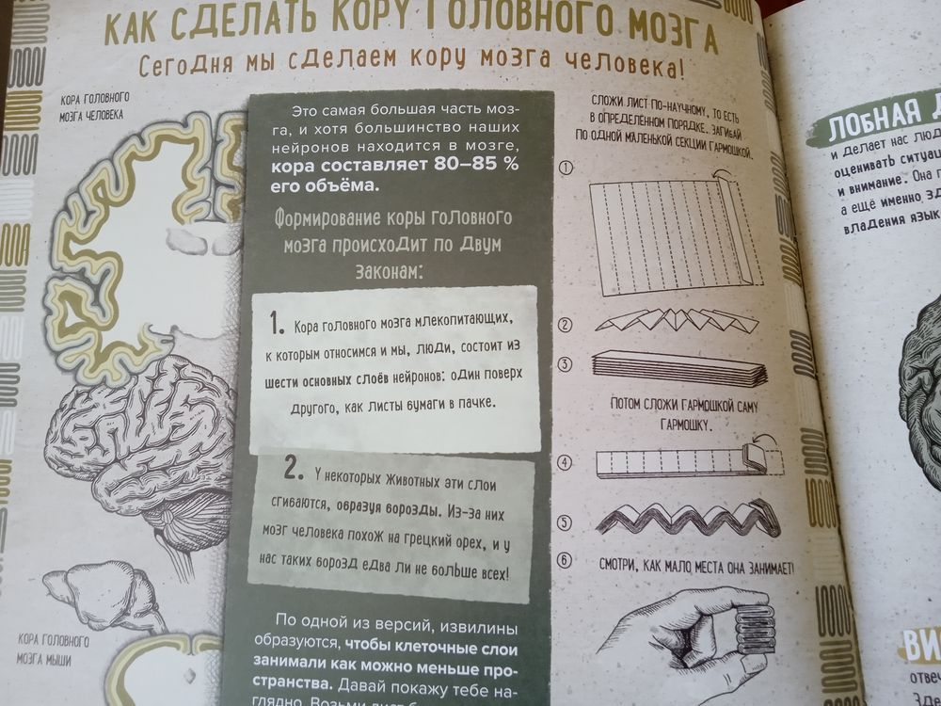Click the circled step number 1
566,168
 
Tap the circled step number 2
566,327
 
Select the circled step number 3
566,364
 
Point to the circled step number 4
566,462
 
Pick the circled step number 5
566,521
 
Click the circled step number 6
566,561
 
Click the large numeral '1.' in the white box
275,325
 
